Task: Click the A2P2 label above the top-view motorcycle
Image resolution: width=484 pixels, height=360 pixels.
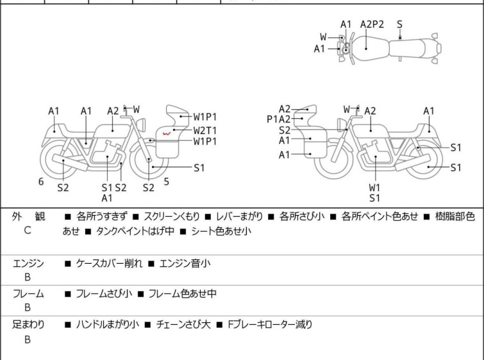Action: click(372, 24)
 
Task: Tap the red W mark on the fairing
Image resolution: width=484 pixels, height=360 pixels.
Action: click(167, 134)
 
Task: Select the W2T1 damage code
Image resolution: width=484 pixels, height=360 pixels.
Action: click(205, 130)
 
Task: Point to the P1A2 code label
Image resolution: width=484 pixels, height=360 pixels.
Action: click(278, 119)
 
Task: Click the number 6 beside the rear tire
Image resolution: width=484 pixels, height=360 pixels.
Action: click(41, 182)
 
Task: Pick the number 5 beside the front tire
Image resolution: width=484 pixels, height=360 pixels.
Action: click(167, 182)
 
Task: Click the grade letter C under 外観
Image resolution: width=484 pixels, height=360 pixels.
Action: click(28, 230)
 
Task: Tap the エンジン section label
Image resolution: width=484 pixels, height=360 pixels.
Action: click(28, 264)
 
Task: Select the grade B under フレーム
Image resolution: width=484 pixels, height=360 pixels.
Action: click(28, 307)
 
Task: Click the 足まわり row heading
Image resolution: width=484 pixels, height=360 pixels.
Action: click(28, 325)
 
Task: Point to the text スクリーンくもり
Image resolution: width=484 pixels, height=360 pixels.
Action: click(172, 216)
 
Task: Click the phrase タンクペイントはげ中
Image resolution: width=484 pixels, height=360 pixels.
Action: click(135, 231)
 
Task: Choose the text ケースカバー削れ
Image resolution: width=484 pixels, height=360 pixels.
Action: click(109, 264)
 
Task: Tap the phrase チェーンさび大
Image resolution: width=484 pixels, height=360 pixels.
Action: click(183, 325)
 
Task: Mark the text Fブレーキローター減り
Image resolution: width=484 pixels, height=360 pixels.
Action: click(270, 325)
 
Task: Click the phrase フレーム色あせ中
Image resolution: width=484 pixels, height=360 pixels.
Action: click(183, 293)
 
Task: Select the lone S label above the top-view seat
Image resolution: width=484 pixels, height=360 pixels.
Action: click(399, 24)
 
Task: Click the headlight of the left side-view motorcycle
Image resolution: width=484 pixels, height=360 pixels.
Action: click(141, 124)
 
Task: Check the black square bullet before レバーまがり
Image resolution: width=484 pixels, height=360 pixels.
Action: click(208, 217)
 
